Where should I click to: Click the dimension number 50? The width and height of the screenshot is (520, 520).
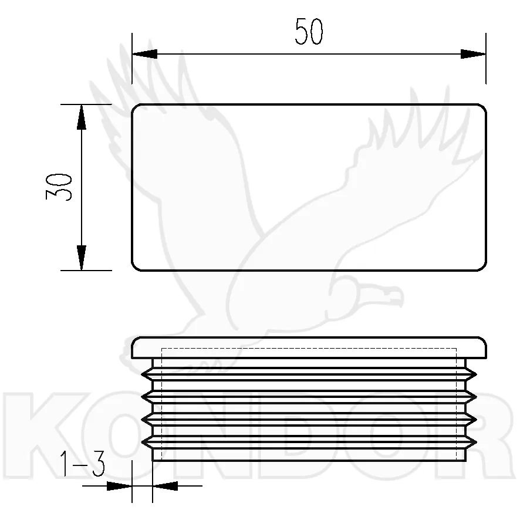(x=309, y=31)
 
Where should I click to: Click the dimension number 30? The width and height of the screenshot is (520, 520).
(x=59, y=187)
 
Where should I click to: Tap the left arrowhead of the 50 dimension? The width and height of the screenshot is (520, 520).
(x=144, y=54)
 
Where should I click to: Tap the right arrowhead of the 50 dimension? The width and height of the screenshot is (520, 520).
(x=473, y=54)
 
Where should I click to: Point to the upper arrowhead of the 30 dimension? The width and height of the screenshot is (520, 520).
(x=82, y=117)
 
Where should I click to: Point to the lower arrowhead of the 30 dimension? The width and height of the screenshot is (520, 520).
(x=82, y=258)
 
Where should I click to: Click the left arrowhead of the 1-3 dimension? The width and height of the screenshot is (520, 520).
(x=119, y=486)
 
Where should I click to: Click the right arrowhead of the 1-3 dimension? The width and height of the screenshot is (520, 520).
(x=165, y=486)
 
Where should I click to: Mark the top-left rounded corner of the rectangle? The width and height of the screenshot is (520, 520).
(x=134, y=107)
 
